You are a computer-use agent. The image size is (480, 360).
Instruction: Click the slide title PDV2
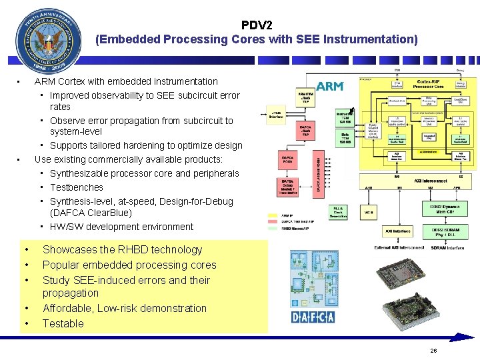pos(257,25)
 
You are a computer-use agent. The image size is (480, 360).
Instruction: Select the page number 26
pos(433,351)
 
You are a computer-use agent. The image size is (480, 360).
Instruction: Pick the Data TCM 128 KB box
pos(345,139)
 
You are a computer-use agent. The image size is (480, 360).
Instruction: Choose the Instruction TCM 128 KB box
pos(345,118)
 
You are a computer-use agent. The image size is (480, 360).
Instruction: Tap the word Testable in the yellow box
pos(63,323)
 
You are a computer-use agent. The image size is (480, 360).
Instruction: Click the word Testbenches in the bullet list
pos(77,187)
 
